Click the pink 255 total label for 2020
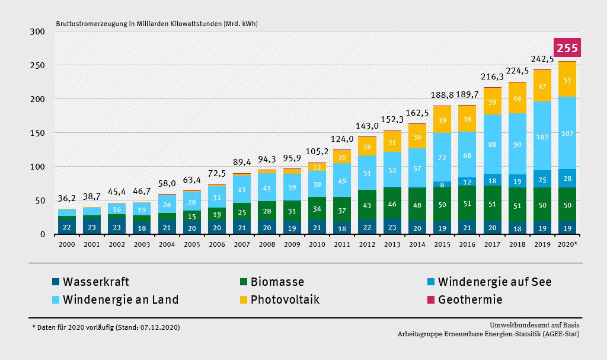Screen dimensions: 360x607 567,48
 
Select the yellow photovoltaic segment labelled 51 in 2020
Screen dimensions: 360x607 567,80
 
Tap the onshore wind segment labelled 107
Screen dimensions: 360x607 567,133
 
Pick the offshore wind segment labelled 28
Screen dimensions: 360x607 567,179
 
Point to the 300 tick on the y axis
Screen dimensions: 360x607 38,31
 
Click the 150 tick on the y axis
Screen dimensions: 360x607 38,133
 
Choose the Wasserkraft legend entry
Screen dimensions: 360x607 95,282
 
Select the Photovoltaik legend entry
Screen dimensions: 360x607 285,300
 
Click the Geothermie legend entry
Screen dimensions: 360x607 470,300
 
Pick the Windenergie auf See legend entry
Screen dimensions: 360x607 494,282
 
